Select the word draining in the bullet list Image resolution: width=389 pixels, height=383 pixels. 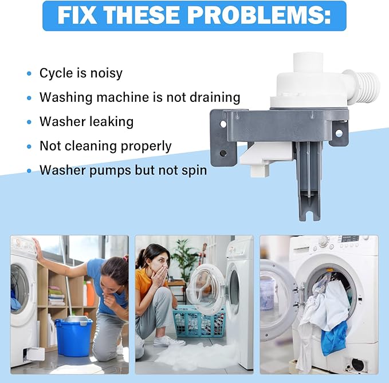coord(215,97)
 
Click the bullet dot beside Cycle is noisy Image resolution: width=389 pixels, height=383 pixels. coord(29,74)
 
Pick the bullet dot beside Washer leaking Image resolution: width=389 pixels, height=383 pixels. coord(29,122)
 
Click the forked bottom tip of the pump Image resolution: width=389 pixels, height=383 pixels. coord(309,213)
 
